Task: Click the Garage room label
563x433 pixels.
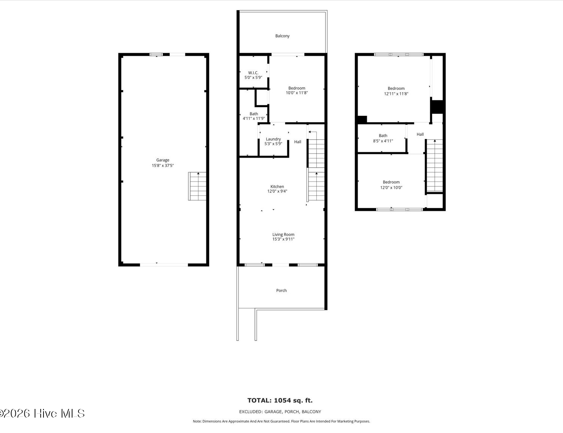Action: tap(163, 160)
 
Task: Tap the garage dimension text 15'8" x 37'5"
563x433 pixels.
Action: tap(163, 165)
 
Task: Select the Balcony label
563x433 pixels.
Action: tap(282, 36)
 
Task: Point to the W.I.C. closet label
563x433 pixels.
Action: tap(253, 73)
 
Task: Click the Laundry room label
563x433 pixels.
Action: tap(273, 139)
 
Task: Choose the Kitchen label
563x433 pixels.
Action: tap(277, 186)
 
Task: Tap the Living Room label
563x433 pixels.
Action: tap(283, 235)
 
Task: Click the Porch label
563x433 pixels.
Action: tap(281, 291)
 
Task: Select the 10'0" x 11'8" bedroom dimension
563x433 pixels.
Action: tap(297, 93)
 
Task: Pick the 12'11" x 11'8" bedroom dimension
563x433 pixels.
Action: tap(396, 94)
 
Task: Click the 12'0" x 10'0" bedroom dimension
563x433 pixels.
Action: tap(391, 188)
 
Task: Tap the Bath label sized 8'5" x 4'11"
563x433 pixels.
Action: tap(383, 136)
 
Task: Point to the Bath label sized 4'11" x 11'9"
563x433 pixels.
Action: tap(254, 114)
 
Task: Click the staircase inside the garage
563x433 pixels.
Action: tap(197, 186)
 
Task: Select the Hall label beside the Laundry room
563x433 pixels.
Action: tap(297, 142)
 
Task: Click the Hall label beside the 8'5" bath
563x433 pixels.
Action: tap(420, 135)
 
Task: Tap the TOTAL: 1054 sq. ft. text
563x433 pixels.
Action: tap(280, 400)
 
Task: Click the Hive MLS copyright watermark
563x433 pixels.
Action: tap(42, 413)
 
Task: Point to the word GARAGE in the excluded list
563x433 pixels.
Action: tap(273, 412)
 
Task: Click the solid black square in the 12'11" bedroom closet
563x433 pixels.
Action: tap(438, 107)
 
